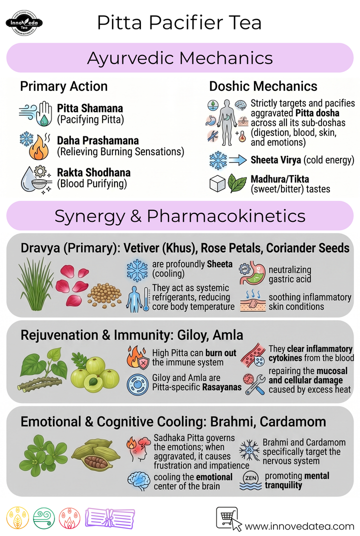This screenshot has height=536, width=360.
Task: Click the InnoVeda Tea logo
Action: coord(24,23)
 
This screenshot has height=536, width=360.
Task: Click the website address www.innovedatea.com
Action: coord(299,526)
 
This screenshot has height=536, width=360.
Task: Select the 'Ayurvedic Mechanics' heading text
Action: coord(180,58)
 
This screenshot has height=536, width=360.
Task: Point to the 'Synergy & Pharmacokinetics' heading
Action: coord(180,216)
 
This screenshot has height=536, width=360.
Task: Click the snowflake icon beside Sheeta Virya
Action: coord(218,160)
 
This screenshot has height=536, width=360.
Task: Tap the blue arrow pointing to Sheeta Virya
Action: coord(238,160)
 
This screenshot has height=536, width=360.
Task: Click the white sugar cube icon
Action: coord(217,183)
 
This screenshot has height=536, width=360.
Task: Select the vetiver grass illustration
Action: coord(35,284)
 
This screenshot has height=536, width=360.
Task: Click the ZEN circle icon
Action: coord(251,478)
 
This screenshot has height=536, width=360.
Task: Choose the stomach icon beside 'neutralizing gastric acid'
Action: coord(252,273)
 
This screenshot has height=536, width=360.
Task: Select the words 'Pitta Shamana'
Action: coord(89,108)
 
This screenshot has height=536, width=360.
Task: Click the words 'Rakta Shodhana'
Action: coord(94,173)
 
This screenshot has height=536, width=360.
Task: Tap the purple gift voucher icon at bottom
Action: coord(110,518)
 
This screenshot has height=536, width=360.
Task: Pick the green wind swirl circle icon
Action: coord(44,518)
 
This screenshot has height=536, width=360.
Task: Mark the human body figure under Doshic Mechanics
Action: coord(226,122)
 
